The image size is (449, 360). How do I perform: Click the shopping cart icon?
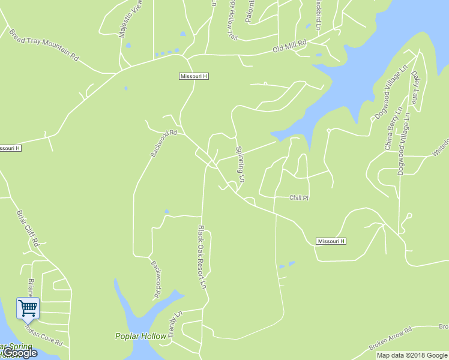28,308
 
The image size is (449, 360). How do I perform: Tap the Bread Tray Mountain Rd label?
44,44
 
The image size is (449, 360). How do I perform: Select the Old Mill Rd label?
289,46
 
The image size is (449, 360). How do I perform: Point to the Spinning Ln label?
240,164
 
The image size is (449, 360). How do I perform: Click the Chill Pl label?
298,197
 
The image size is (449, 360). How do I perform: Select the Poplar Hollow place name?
140,336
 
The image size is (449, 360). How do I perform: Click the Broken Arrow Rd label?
390,339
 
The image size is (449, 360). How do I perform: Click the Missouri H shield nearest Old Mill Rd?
194,76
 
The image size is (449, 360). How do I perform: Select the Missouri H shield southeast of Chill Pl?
331,241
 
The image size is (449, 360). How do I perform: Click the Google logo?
20,353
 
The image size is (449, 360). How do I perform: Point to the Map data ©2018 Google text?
411,355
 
